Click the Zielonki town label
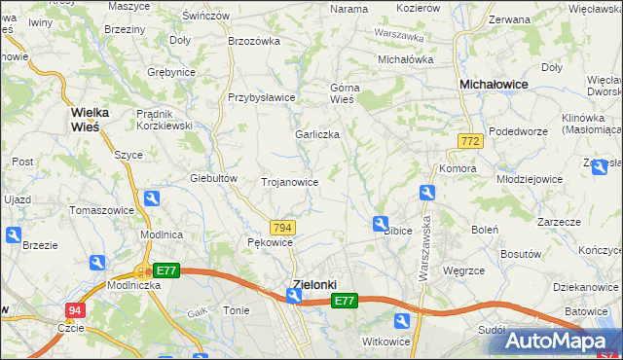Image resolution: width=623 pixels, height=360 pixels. [314, 284]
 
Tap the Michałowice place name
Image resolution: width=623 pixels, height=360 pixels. [494, 86]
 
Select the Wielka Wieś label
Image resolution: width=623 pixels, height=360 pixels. [90, 119]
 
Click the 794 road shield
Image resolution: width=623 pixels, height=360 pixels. [282, 227]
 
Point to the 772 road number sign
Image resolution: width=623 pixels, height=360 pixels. [471, 142]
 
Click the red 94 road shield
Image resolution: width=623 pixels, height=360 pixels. [76, 310]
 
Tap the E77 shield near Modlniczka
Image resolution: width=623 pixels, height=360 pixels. [165, 271]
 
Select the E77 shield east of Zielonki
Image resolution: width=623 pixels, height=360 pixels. [344, 303]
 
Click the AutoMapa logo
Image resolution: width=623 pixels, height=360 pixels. [561, 342]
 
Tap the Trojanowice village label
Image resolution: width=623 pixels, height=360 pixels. [290, 182]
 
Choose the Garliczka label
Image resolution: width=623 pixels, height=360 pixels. [317, 134]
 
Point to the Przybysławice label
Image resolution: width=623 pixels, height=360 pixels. [262, 97]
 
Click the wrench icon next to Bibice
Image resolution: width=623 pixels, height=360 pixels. [381, 225]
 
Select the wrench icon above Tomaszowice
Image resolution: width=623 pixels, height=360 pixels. [151, 199]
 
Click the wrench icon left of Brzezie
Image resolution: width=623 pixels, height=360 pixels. [13, 235]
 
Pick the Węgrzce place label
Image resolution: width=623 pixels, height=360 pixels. [464, 271]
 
